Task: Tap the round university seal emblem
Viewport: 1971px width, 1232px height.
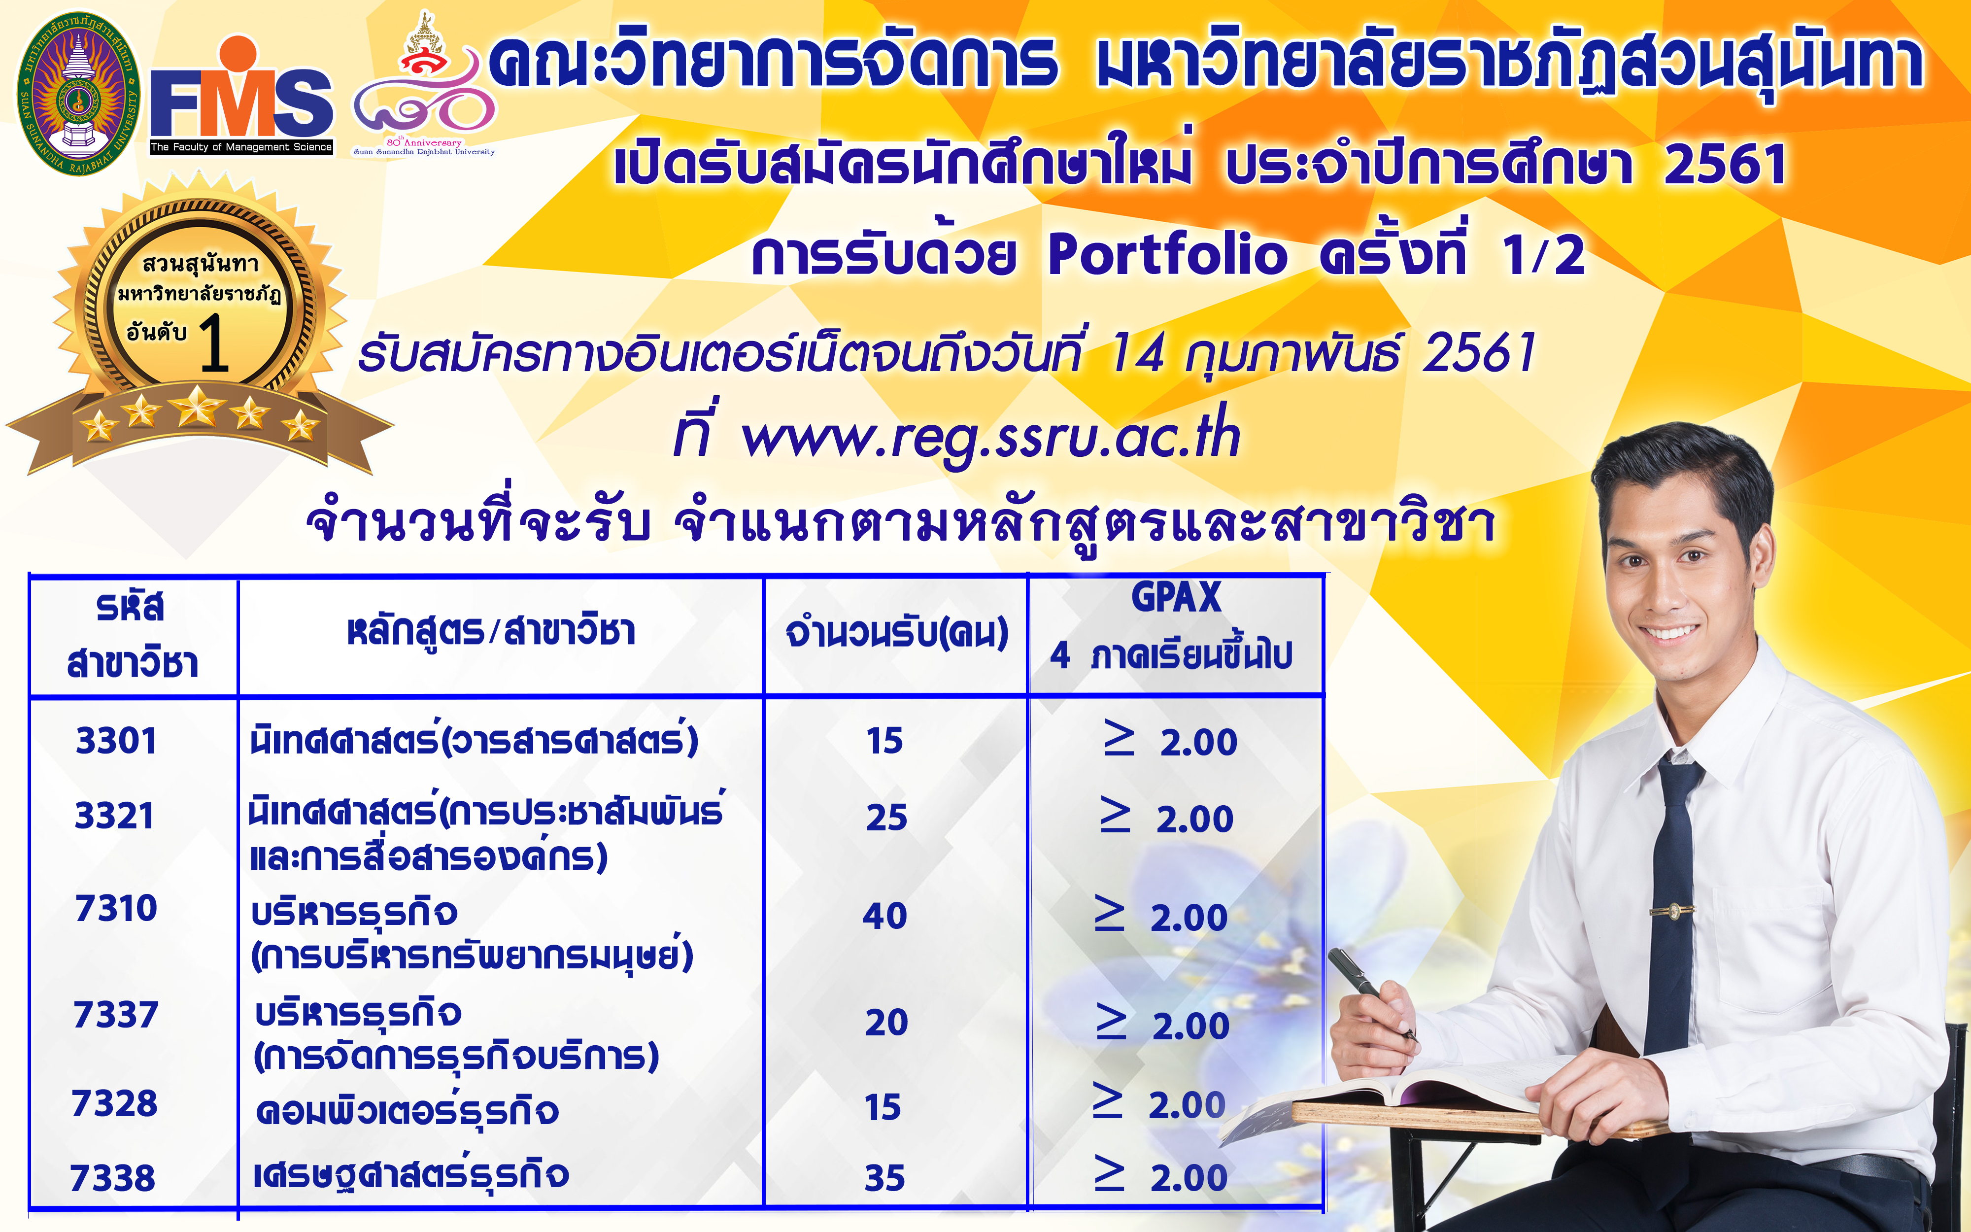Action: click(78, 94)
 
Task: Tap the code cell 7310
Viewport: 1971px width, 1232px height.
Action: click(116, 908)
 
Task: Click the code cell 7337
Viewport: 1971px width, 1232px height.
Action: click(116, 1015)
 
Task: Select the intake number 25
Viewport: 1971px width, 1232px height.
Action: click(886, 817)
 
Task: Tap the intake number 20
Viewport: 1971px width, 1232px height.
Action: click(886, 1023)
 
